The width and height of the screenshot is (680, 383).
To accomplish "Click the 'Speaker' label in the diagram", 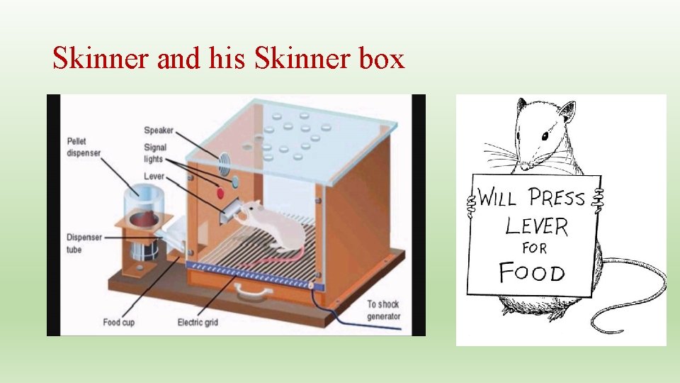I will [x=158, y=131].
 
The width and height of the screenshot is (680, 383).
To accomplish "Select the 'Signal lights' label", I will [x=155, y=153].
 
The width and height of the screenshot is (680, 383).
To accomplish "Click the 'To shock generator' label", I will [x=383, y=311].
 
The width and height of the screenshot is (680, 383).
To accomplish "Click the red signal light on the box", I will [x=220, y=192].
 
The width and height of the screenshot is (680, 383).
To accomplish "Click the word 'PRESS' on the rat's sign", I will [x=557, y=196].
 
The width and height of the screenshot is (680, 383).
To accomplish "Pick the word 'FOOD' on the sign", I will [x=532, y=272].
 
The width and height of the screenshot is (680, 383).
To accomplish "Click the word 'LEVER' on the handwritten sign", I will [x=536, y=226].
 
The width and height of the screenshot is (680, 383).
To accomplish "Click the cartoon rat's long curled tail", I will [x=637, y=305].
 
